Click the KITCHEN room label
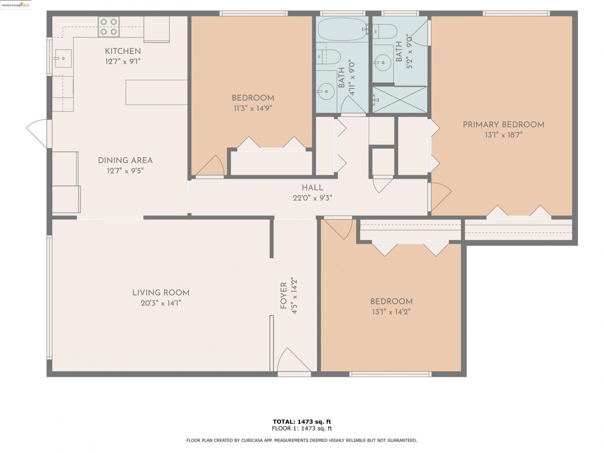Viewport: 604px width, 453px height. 123,51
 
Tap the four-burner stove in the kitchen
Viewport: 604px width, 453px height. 109,26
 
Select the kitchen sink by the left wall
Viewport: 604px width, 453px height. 63,58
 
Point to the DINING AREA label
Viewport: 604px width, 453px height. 125,160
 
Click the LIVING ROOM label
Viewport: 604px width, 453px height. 161,293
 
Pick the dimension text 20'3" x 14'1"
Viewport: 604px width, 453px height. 161,303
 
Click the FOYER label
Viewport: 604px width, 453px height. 283,296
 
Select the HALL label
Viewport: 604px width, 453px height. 312,188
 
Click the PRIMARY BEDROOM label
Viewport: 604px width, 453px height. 503,125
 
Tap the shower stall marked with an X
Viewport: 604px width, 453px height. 400,99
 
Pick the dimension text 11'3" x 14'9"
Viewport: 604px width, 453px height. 252,108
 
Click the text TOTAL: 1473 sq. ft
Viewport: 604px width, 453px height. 302,421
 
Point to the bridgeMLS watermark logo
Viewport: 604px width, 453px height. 16,5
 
